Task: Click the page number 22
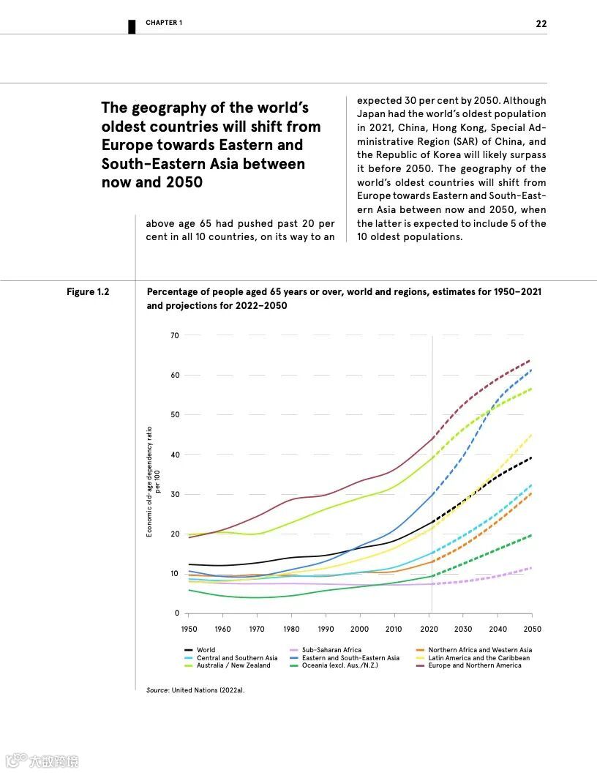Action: pos(541,23)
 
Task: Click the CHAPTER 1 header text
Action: pos(164,23)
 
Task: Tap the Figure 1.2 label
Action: pos(88,292)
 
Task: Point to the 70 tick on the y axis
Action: pos(174,335)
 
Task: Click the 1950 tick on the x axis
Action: pos(189,629)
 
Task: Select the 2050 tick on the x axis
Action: pos(532,629)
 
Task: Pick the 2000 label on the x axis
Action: pos(360,629)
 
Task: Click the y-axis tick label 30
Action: pos(174,494)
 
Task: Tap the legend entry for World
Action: pos(206,650)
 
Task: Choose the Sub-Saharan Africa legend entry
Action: pos(331,650)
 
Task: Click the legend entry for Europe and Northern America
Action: pos(475,665)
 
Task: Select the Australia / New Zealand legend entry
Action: pos(233,665)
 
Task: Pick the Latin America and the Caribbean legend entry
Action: pos(478,658)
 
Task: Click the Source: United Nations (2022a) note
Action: pos(195,690)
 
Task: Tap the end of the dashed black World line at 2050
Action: pos(531,458)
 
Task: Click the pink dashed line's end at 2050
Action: pos(531,567)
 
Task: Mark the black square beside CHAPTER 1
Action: pos(132,26)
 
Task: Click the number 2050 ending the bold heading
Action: pos(183,182)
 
